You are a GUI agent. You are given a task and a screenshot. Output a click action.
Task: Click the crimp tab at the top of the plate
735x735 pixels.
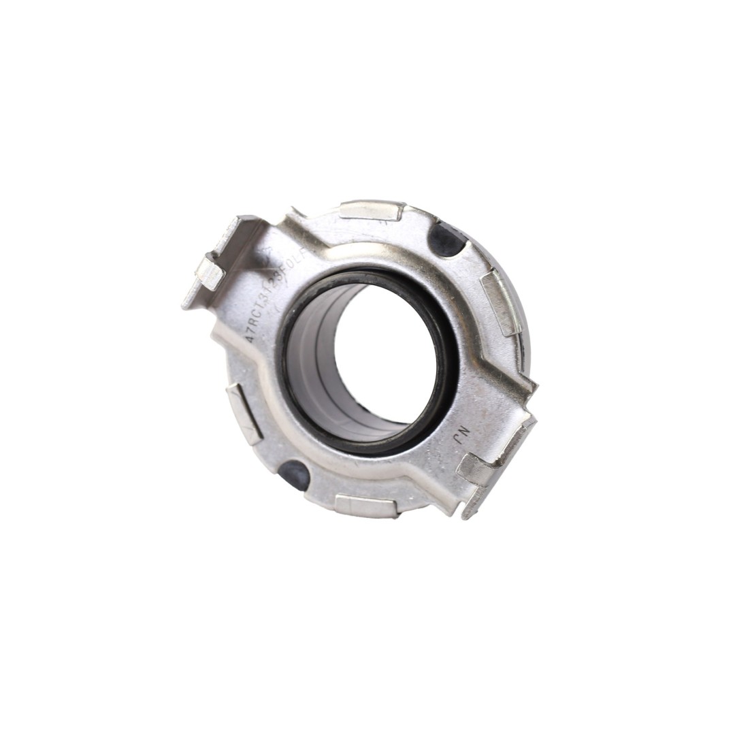point(371,210)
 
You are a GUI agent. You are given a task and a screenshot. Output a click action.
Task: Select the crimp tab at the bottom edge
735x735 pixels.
point(366,506)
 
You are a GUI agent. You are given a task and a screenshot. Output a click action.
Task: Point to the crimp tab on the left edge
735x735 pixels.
point(245,413)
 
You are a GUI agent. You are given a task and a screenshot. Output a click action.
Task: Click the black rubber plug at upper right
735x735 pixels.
point(446,240)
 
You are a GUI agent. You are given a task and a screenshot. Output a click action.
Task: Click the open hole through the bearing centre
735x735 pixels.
point(385,354)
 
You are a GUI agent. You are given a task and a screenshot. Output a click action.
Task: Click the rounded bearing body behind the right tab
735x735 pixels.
point(522,320)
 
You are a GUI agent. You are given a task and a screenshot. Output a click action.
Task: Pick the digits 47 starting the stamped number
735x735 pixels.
point(250,335)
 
